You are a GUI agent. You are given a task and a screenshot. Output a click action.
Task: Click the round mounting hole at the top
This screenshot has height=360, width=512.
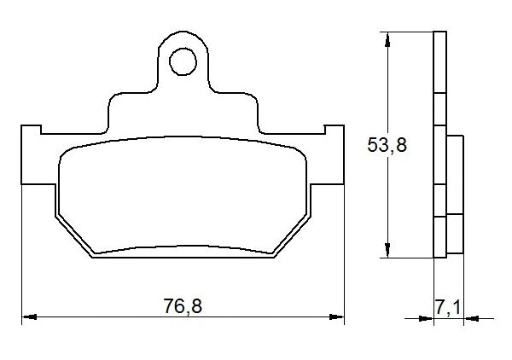point(182,61)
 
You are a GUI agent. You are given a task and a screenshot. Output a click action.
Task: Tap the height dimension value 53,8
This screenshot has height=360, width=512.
point(387,145)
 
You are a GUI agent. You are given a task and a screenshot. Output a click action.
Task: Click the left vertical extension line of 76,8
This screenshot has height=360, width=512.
point(20,256)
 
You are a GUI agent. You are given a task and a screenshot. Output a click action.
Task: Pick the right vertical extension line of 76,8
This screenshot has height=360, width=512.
point(344,256)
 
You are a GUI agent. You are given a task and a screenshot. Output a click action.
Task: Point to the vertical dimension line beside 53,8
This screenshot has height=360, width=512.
point(389,196)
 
